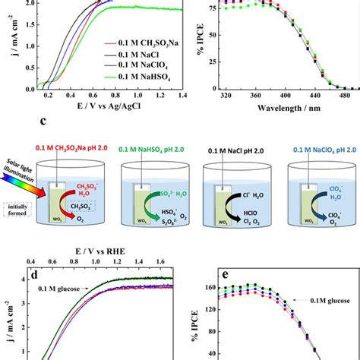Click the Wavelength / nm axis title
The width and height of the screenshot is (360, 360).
[289, 109]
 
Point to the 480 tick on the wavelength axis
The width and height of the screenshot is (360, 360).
[346, 96]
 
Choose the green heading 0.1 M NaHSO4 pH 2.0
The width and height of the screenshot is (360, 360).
[153, 148]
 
